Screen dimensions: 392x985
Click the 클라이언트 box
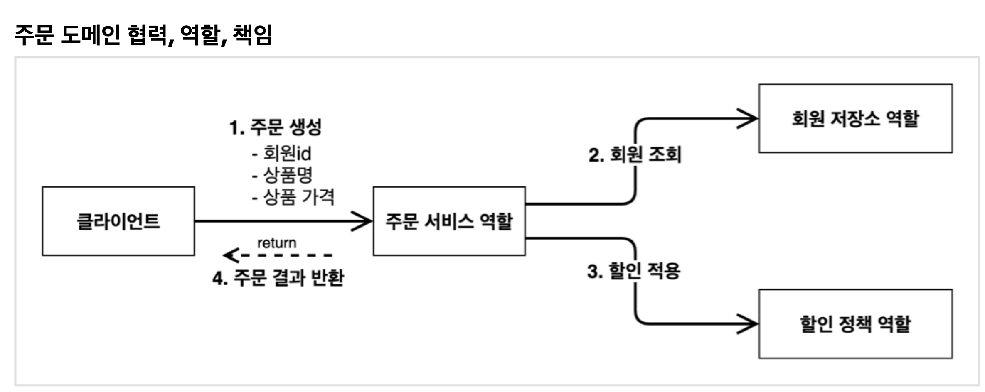tap(118, 221)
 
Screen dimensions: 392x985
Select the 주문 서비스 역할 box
tap(449, 221)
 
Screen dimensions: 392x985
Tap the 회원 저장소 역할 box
tap(855, 119)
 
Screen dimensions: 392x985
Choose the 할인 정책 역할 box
tap(855, 324)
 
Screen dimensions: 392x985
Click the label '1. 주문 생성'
tap(276, 127)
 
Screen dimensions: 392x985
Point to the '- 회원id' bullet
tap(282, 154)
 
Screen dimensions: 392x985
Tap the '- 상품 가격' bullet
tap(293, 197)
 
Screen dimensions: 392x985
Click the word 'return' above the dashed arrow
tap(277, 243)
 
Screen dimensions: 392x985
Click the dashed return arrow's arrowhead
tap(230, 255)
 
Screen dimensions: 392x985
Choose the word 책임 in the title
tap(252, 35)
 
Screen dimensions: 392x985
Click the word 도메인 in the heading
tap(90, 35)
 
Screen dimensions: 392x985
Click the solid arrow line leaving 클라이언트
tap(270, 221)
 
